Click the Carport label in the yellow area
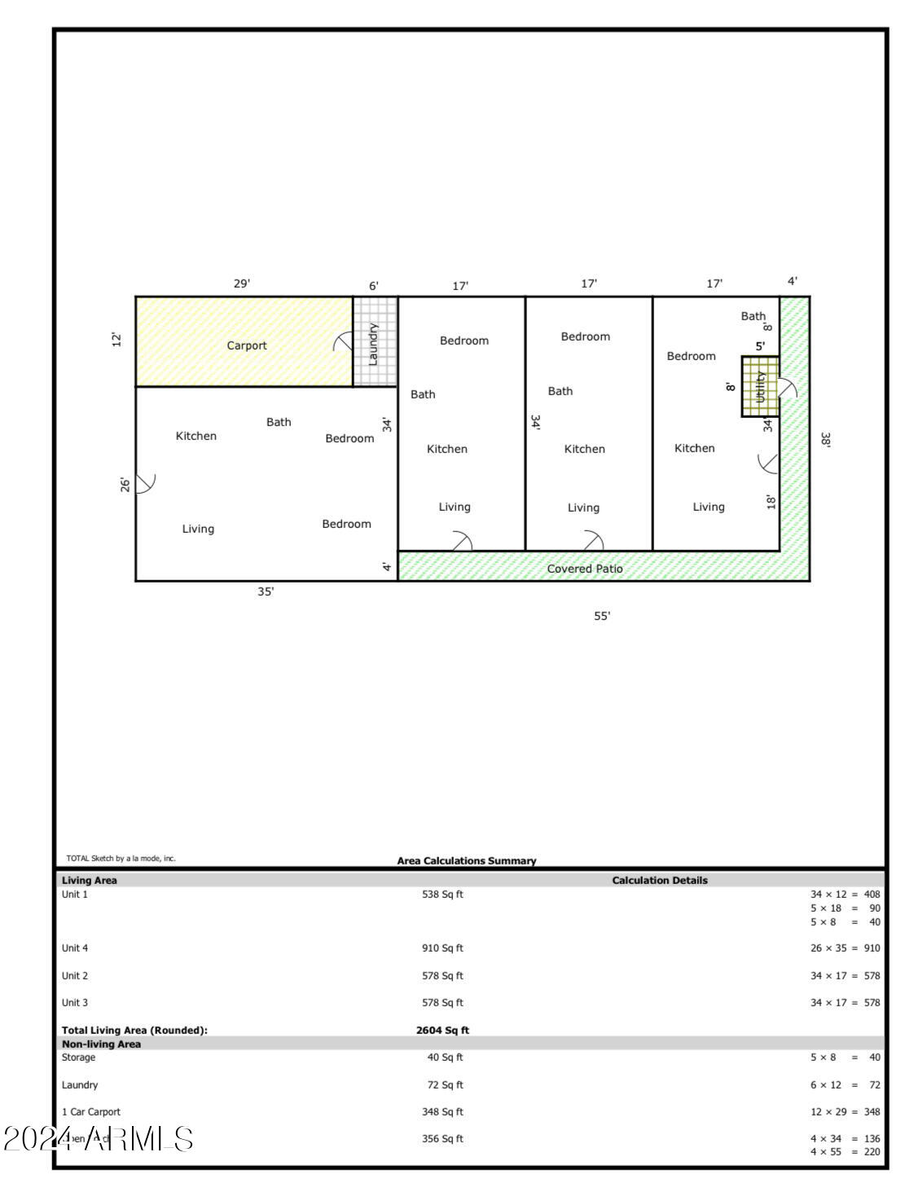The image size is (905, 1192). (246, 345)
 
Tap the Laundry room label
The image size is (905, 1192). (374, 343)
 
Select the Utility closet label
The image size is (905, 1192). (760, 386)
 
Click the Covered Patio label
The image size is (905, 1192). (584, 569)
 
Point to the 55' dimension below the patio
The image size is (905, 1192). (601, 616)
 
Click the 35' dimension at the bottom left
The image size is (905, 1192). (266, 592)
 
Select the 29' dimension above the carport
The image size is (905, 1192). (242, 284)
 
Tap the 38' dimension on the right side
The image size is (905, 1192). (825, 440)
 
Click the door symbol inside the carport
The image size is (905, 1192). (344, 343)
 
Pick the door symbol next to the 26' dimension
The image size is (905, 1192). (145, 482)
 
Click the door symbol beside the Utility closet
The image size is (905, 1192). (788, 389)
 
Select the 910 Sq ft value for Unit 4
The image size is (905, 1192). (442, 948)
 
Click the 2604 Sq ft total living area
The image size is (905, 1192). (442, 1030)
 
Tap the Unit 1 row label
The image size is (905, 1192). (75, 894)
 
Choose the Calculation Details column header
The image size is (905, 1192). (660, 880)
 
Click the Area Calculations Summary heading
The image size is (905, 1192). (467, 860)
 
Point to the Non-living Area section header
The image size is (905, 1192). (101, 1044)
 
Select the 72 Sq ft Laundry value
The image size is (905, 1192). (442, 1084)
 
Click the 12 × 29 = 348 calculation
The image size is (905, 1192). (845, 1111)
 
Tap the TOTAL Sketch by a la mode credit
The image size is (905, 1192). (121, 858)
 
